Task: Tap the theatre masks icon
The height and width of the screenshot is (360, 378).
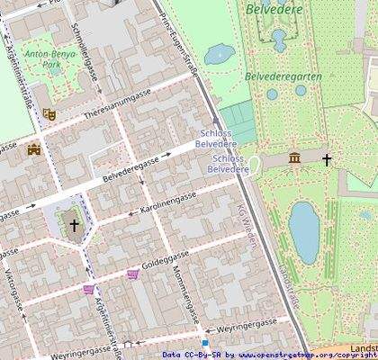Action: tap(49, 114)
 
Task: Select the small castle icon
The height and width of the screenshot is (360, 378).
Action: tap(35, 149)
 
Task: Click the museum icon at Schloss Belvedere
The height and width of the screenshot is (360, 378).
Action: tap(294, 159)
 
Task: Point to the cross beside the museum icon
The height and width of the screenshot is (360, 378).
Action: tap(327, 159)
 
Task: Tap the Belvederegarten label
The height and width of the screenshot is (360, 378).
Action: tap(283, 77)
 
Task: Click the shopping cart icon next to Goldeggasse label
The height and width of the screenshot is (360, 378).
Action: tap(133, 274)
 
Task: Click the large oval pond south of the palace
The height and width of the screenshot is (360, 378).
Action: tap(304, 231)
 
